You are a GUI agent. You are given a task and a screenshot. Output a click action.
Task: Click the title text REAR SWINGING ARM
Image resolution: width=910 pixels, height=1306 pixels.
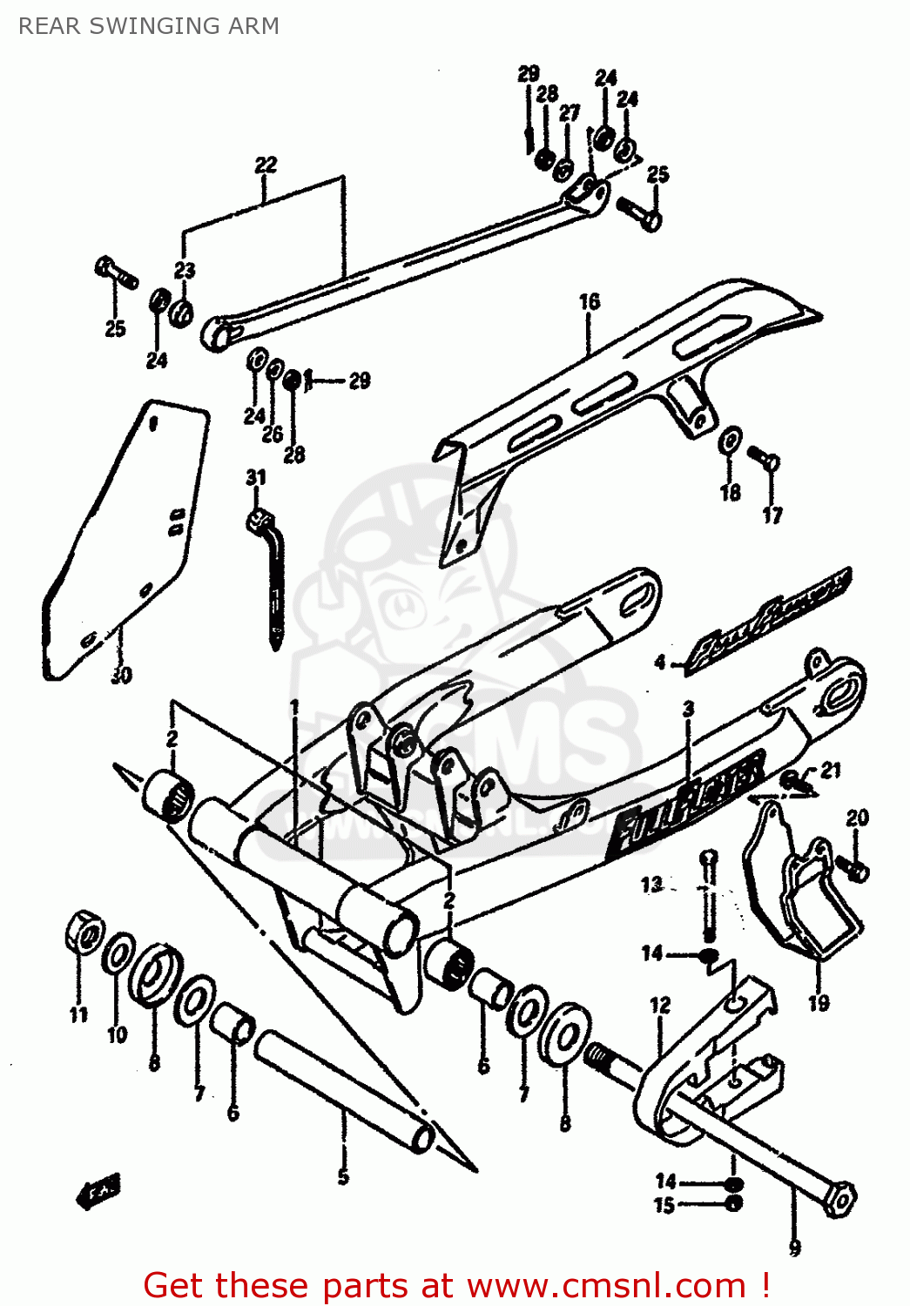pyautogui.click(x=149, y=26)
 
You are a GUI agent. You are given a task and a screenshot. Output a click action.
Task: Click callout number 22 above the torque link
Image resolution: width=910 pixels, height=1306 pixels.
pyautogui.click(x=266, y=165)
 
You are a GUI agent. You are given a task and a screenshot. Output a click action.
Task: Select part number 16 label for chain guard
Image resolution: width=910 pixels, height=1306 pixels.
pyautogui.click(x=590, y=302)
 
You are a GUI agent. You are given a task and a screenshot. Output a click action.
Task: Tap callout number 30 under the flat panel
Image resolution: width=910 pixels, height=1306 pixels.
pyautogui.click(x=121, y=675)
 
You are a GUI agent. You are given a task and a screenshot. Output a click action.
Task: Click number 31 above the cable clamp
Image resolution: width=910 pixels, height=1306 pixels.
pyautogui.click(x=255, y=477)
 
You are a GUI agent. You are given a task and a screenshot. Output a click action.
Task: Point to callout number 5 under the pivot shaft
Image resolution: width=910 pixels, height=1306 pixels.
pyautogui.click(x=343, y=1177)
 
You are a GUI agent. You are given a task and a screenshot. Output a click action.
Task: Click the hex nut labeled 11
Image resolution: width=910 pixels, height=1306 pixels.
pyautogui.click(x=84, y=934)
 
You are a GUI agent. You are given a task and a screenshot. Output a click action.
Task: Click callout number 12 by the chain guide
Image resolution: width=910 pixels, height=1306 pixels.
pyautogui.click(x=660, y=1006)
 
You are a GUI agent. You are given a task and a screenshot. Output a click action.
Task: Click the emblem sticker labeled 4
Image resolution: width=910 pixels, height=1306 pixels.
pyautogui.click(x=766, y=620)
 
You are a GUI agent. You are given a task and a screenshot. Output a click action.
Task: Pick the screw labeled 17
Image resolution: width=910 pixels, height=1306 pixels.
pyautogui.click(x=765, y=459)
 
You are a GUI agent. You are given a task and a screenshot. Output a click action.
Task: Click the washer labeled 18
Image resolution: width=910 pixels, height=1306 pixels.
pyautogui.click(x=730, y=441)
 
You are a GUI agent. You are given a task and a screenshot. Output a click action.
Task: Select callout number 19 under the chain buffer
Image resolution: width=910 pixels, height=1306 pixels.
pyautogui.click(x=819, y=1003)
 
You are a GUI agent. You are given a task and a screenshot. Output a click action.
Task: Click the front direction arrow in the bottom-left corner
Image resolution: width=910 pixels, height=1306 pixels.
pyautogui.click(x=100, y=1190)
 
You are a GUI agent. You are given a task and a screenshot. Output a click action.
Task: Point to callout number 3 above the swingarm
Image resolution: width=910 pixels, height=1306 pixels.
pyautogui.click(x=688, y=709)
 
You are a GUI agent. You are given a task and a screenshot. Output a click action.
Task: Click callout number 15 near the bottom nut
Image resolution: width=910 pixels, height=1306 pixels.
pyautogui.click(x=664, y=1206)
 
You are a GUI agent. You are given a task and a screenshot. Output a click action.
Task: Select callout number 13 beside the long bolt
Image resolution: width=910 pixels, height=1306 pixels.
pyautogui.click(x=651, y=885)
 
